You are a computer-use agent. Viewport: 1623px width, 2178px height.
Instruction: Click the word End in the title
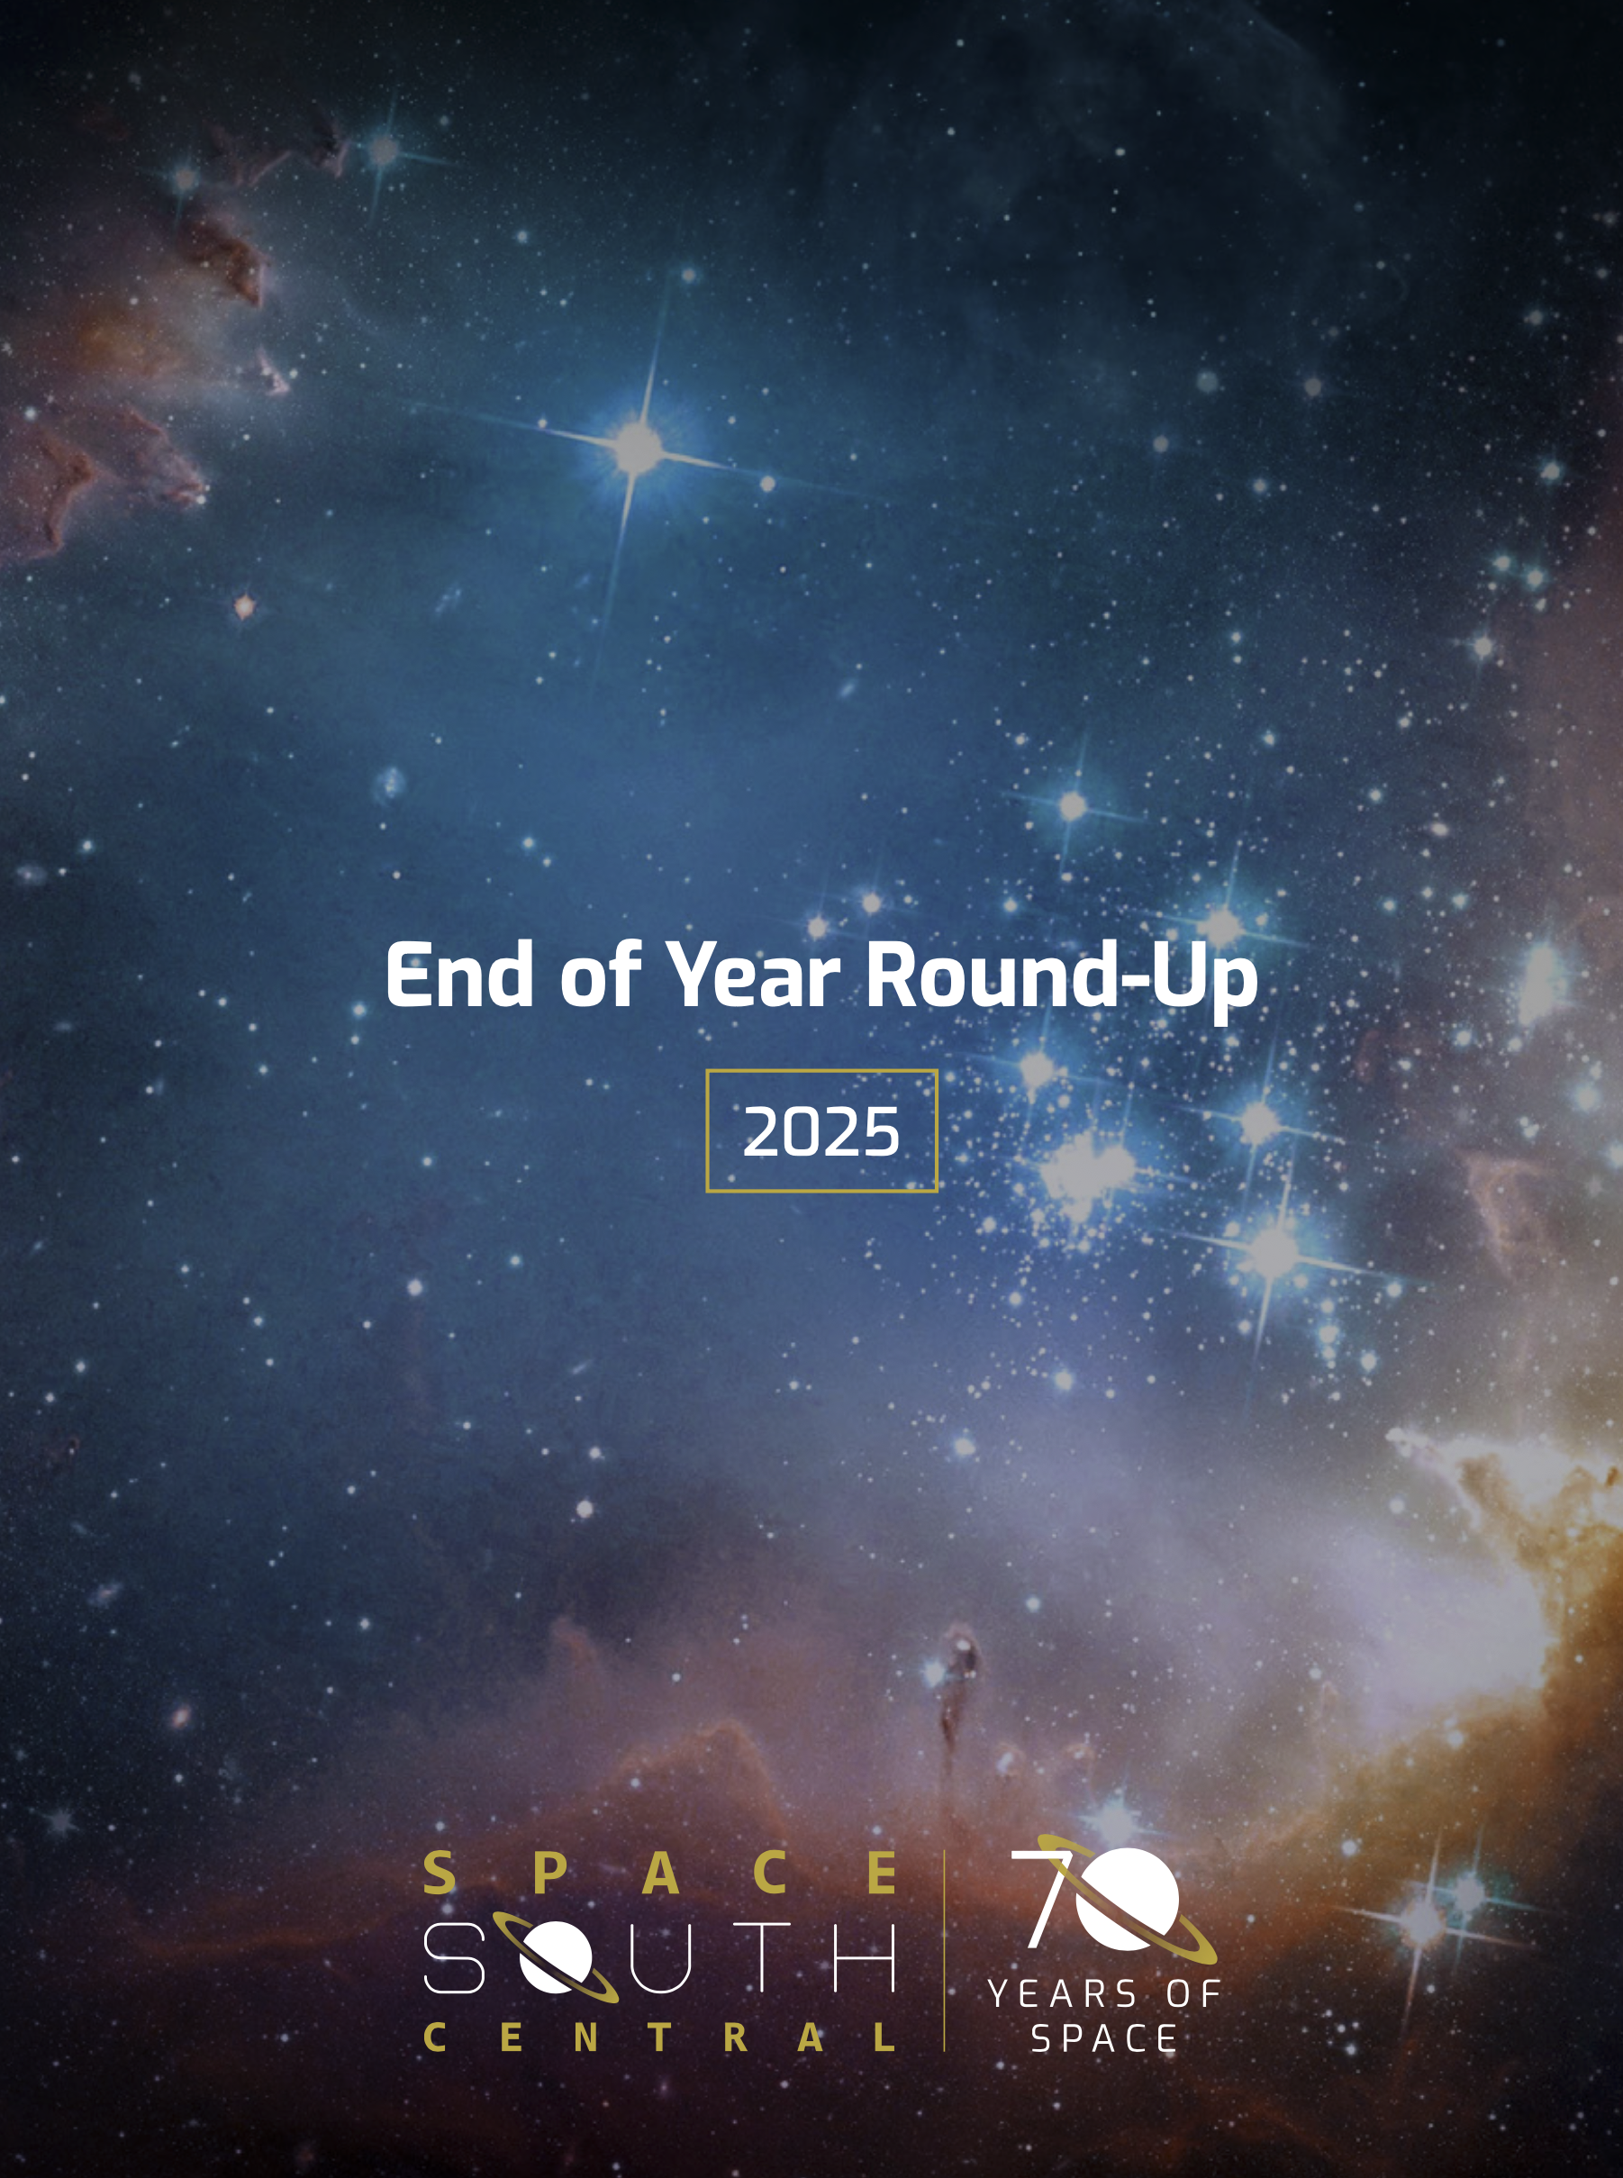pyautogui.click(x=458, y=975)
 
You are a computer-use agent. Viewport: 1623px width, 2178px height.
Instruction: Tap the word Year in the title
pyautogui.click(x=754, y=975)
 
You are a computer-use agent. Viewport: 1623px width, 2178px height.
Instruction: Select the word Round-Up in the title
pyautogui.click(x=1060, y=975)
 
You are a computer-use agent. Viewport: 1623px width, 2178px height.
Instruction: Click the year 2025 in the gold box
pyautogui.click(x=821, y=1131)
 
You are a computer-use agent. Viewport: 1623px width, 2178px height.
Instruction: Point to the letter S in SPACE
pyautogui.click(x=440, y=1873)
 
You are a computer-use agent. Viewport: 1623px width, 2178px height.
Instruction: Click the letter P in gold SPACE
pyautogui.click(x=550, y=1873)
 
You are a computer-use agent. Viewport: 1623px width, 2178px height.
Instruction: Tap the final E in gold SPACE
pyautogui.click(x=884, y=1873)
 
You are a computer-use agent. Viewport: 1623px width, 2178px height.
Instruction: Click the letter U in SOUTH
pyautogui.click(x=660, y=1957)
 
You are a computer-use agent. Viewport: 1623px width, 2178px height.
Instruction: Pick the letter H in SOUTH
pyautogui.click(x=865, y=1957)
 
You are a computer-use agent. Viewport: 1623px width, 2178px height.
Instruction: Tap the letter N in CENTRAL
pyautogui.click(x=585, y=2037)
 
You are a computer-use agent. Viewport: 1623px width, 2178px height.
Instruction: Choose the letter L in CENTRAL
pyautogui.click(x=884, y=2037)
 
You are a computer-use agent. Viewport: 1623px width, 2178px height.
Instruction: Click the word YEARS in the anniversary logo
pyautogui.click(x=1063, y=1994)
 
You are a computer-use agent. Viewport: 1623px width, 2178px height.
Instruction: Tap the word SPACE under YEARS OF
pyautogui.click(x=1104, y=2039)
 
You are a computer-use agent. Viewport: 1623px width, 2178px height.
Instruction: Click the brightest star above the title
pyautogui.click(x=638, y=448)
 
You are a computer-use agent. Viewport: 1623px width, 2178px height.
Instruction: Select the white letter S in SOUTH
pyautogui.click(x=454, y=1957)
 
